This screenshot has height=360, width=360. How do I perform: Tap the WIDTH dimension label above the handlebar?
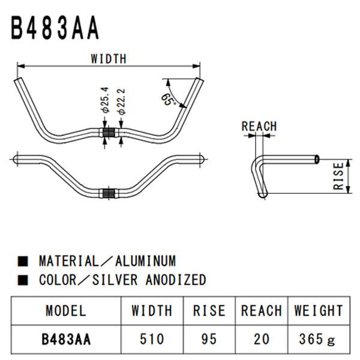pyautogui.click(x=109, y=59)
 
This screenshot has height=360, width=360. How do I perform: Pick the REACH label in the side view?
pyautogui.click(x=259, y=126)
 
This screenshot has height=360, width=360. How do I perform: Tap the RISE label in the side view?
pyautogui.click(x=340, y=176)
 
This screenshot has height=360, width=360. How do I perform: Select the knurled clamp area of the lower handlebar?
pyautogui.click(x=109, y=193)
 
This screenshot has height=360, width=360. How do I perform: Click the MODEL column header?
pyautogui.click(x=66, y=310)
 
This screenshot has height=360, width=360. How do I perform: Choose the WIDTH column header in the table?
pyautogui.click(x=152, y=310)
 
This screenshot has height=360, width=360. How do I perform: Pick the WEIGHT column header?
pyautogui.click(x=319, y=310)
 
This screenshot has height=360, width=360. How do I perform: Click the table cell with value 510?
pyautogui.click(x=152, y=339)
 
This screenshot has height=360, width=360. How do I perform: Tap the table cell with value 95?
pyautogui.click(x=209, y=339)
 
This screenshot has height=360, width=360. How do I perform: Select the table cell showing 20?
pyautogui.click(x=261, y=339)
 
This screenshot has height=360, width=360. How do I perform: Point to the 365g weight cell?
pyautogui.click(x=319, y=339)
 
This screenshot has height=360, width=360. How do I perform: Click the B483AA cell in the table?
pyautogui.click(x=66, y=339)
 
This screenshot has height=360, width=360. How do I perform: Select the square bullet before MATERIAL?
pyautogui.click(x=23, y=262)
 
